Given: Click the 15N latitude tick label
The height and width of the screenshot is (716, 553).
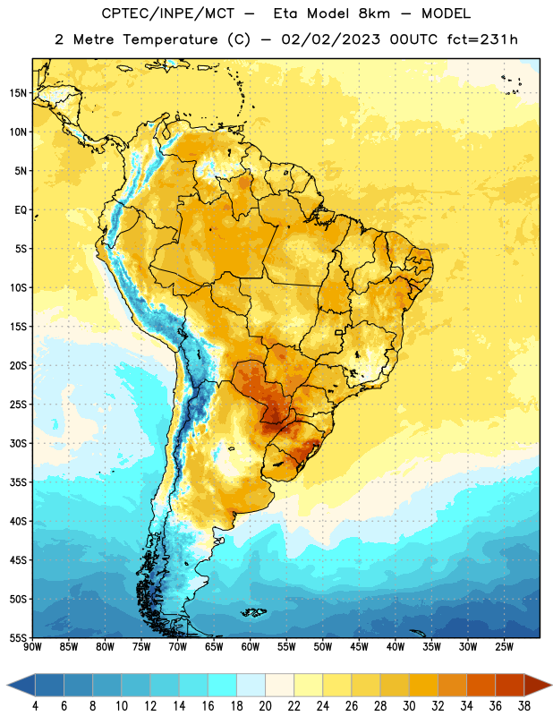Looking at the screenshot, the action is pyautogui.click(x=18, y=93).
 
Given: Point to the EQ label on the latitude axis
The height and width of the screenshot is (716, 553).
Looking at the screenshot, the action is pyautogui.click(x=21, y=210).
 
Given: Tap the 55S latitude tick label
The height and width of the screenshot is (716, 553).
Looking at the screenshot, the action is pyautogui.click(x=18, y=638).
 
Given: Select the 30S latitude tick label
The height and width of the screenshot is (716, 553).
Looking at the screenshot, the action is pyautogui.click(x=18, y=443).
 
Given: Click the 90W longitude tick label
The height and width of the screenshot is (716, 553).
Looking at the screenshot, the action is pyautogui.click(x=32, y=647).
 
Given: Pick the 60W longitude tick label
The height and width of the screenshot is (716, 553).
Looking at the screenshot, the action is pyautogui.click(x=251, y=647).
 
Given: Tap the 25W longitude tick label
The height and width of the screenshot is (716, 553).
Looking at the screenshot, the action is pyautogui.click(x=504, y=647).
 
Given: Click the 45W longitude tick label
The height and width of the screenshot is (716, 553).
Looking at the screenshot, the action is pyautogui.click(x=360, y=647).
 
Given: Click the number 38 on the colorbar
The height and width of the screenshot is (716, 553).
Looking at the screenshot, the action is pyautogui.click(x=524, y=706).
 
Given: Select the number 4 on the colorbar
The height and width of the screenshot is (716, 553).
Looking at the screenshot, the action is pyautogui.click(x=35, y=706).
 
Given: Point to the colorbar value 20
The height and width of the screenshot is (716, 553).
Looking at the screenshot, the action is pyautogui.click(x=265, y=706).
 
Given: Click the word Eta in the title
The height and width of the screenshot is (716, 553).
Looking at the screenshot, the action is pyautogui.click(x=285, y=13).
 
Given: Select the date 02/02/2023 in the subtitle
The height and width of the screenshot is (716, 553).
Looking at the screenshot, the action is pyautogui.click(x=330, y=39).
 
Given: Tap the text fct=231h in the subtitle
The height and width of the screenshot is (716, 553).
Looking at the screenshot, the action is pyautogui.click(x=482, y=39).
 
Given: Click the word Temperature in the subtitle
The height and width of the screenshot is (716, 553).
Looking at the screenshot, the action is pyautogui.click(x=170, y=40).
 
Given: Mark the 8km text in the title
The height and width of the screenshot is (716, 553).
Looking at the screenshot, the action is pyautogui.click(x=374, y=13).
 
